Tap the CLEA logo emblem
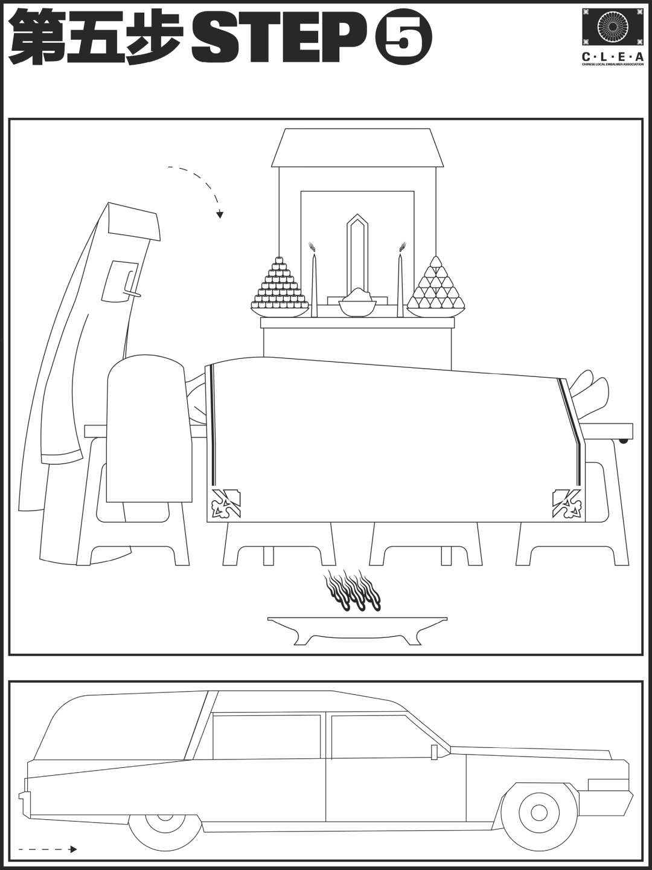pos(612,27)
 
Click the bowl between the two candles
pos(357,306)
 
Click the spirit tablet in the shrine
pos(357,257)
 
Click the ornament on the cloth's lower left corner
pos(226,503)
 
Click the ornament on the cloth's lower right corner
pos(567,503)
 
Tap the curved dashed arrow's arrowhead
pos(220,215)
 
